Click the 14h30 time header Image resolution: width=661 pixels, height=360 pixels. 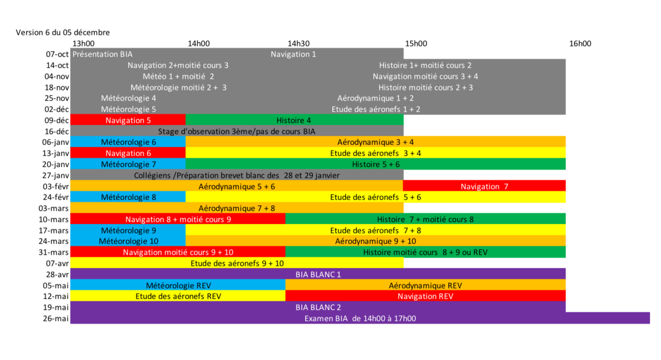[x=298, y=43]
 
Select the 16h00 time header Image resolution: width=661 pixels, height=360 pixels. [x=580, y=43]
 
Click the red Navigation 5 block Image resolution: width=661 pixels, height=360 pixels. [x=128, y=120]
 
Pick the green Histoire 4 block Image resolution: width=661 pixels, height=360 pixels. [x=294, y=120]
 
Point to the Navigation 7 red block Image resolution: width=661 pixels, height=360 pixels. [x=484, y=187]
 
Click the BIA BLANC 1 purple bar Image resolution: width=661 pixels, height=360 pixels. [x=318, y=274]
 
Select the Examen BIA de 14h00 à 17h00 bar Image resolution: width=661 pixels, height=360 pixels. [x=360, y=318]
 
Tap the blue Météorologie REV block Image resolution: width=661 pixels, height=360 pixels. [x=178, y=286]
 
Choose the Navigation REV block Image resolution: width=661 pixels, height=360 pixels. [x=426, y=296]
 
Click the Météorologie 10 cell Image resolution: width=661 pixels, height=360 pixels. [x=129, y=241]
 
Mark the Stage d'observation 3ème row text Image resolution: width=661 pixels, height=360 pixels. [x=237, y=131]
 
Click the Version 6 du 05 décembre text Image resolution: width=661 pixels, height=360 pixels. [x=63, y=32]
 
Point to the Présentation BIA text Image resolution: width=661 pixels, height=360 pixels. [x=103, y=54]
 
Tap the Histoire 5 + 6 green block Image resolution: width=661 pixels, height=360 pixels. [x=376, y=164]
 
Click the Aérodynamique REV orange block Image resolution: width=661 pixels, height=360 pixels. [x=426, y=286]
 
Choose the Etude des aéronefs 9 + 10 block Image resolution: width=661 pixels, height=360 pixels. [x=237, y=263]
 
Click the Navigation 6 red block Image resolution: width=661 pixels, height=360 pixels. [x=128, y=153]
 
